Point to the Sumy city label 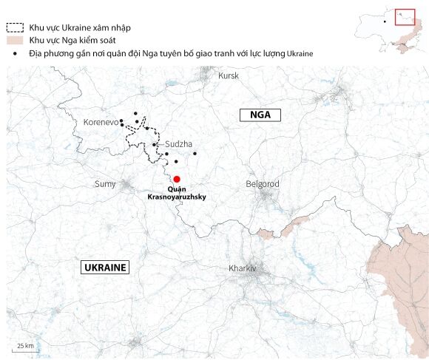(106, 183)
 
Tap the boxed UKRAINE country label (104, 268)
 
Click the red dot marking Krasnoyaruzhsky (177, 179)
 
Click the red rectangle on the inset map (405, 16)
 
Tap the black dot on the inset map (385, 21)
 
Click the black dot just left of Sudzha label (154, 145)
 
